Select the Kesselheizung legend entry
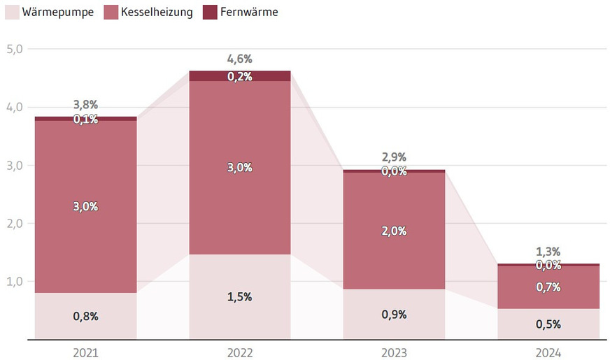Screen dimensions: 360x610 click(148, 12)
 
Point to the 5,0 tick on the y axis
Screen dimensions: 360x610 click(15, 50)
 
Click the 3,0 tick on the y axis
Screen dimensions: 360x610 click(15, 166)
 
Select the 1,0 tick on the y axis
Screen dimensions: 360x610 click(15, 282)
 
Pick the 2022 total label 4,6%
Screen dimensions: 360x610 click(240, 59)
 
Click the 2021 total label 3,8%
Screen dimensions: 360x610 click(85, 105)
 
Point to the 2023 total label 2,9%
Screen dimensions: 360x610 click(394, 157)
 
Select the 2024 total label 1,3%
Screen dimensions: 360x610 click(548, 252)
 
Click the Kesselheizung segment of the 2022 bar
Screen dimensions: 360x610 click(240, 196)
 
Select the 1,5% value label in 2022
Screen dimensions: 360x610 click(240, 297)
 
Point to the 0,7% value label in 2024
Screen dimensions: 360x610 click(548, 287)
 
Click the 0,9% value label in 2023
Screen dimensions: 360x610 click(394, 315)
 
